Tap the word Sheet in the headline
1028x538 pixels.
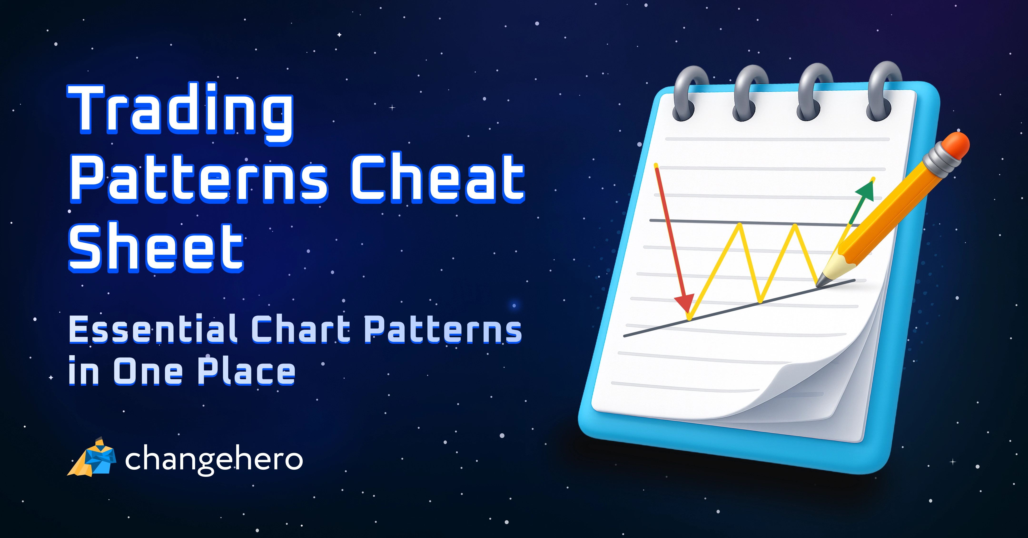(156, 247)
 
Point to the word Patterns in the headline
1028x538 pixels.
(200, 178)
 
